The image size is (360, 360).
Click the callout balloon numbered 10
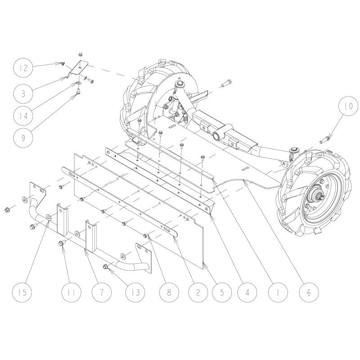[347, 107]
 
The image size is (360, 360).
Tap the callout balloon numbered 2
[198, 292]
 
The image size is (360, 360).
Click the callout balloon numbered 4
[249, 292]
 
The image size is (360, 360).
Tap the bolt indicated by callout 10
[325, 138]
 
